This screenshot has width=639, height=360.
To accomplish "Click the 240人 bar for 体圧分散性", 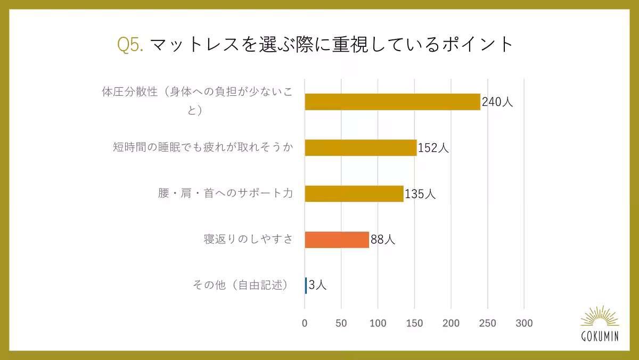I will click(392, 102).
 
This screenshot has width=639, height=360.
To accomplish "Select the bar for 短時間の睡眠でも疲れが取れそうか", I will click(361, 148).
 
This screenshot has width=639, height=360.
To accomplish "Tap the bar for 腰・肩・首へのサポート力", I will click(354, 193).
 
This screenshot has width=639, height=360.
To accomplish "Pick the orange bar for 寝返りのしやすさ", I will click(337, 240).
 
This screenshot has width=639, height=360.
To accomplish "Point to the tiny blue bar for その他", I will click(306, 285).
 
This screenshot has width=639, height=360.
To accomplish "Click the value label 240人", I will click(497, 102).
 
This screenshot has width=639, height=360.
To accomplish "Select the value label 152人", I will click(433, 148).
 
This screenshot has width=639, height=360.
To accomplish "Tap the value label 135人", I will click(420, 193).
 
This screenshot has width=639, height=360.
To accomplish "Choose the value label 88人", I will click(382, 240).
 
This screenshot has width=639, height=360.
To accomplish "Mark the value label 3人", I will click(317, 285).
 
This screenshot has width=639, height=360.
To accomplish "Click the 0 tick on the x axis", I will click(305, 323).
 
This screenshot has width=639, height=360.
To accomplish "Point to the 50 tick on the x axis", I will click(341, 323).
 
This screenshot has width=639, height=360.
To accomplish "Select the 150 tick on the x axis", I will click(414, 323).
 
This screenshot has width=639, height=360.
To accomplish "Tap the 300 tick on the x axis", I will click(525, 323).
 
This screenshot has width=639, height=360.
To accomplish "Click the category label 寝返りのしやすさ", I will click(248, 239).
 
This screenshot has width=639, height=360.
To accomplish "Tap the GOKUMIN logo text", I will click(600, 337).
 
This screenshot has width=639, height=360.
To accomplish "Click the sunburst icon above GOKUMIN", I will click(600, 316).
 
